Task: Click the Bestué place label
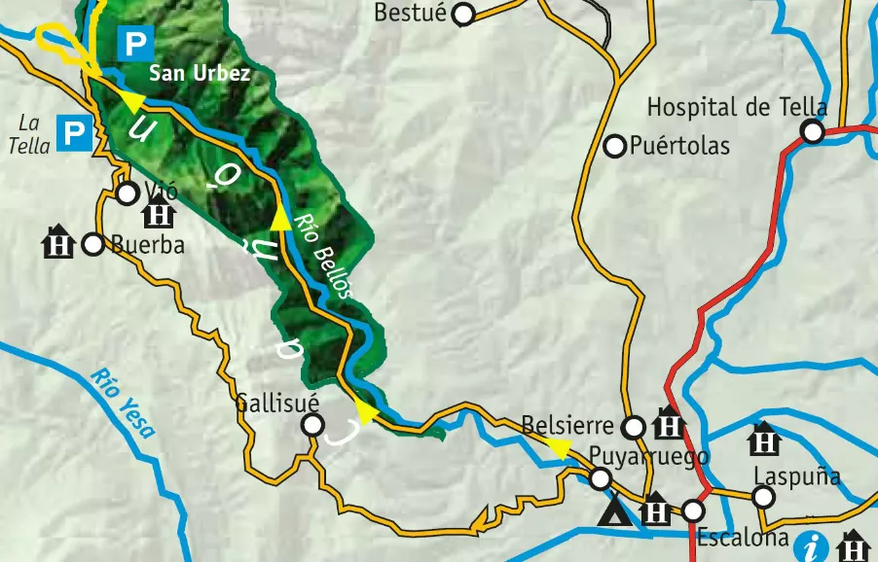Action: click(410, 14)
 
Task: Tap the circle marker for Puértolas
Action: click(614, 147)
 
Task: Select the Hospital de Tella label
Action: click(737, 107)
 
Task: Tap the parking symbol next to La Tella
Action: click(74, 133)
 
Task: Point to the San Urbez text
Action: click(200, 74)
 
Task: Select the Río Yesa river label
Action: click(122, 403)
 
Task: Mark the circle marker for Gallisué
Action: click(312, 425)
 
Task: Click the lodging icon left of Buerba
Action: click(59, 242)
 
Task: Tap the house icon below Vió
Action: click(159, 213)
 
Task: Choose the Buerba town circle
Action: click(92, 244)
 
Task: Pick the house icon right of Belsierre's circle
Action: click(669, 425)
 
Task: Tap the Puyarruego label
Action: click(647, 456)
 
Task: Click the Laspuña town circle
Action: click(763, 498)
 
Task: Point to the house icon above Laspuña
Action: click(765, 440)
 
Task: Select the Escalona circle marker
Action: click(693, 509)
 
